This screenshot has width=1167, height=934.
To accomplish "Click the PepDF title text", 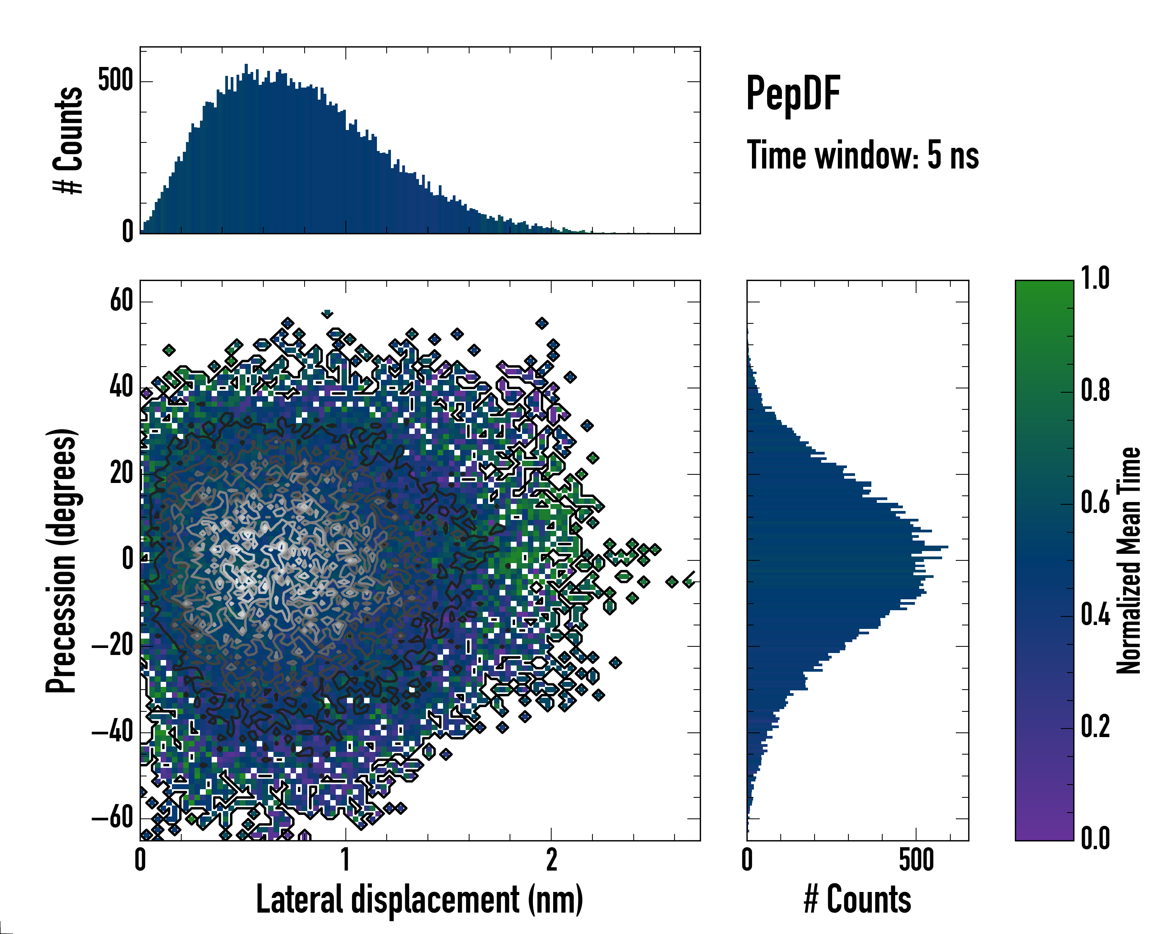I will [793, 94].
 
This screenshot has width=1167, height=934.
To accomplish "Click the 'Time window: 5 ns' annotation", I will [863, 155].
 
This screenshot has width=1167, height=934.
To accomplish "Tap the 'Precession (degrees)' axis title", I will [61, 560].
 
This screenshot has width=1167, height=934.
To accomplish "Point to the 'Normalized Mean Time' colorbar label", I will [1128, 560].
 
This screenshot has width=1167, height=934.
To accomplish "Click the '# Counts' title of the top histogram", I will [68, 140].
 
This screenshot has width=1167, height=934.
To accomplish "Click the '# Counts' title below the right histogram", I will [857, 899].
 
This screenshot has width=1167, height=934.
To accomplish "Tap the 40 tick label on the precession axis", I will [121, 387].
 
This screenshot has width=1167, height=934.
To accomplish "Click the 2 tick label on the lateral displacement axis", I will [551, 860].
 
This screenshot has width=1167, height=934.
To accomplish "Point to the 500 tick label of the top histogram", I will [115, 81].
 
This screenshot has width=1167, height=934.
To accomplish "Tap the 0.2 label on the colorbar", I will [1095, 727].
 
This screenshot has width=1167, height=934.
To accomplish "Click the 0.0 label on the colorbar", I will [1095, 838].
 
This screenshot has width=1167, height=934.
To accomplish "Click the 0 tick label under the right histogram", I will [748, 860].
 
